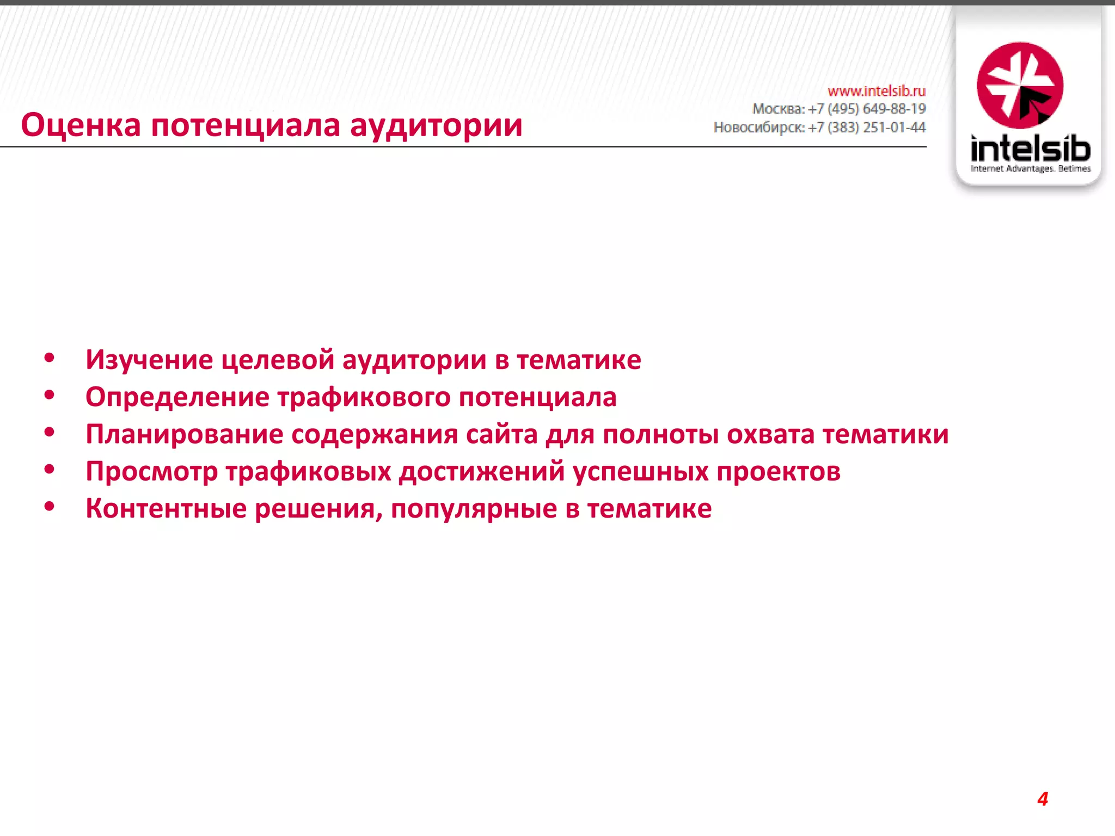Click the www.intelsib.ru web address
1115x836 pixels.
[x=877, y=90]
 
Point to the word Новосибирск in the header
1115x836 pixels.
[x=758, y=127]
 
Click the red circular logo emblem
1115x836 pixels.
[x=1020, y=85]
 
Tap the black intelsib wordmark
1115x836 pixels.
[x=1030, y=148]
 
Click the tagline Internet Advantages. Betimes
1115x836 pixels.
[x=1030, y=169]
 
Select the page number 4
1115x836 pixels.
[x=1043, y=799]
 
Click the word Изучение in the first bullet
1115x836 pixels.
[x=149, y=360]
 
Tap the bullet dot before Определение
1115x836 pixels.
[x=50, y=396]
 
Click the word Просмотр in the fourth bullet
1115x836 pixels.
[x=151, y=471]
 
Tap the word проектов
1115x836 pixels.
[x=778, y=471]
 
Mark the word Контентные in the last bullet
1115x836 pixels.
[x=166, y=508]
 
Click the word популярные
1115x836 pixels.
[x=474, y=509]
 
